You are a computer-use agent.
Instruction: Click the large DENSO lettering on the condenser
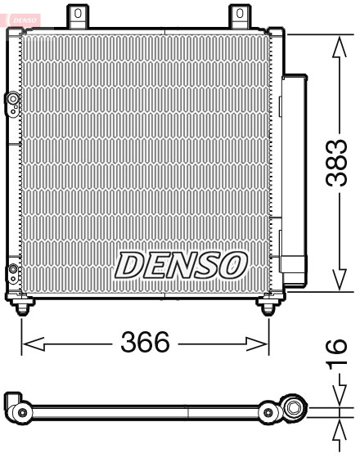point(181,264)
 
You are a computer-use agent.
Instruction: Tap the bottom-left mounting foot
point(25,304)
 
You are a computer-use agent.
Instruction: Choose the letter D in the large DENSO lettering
point(131,264)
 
